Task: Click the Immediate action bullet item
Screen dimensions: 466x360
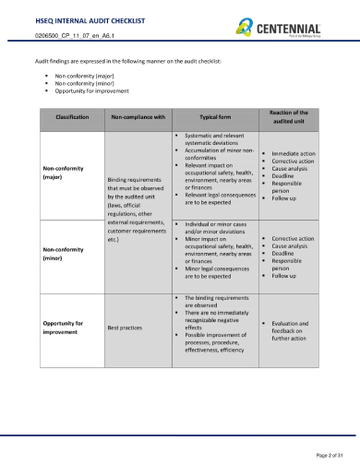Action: [x=294, y=153]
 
